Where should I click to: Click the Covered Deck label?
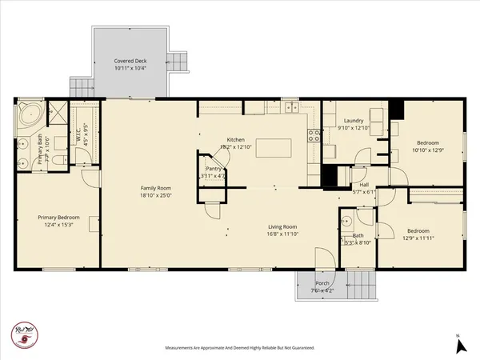coord(130,60)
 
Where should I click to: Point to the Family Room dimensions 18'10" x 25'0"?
coord(156,195)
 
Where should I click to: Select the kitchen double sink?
coord(290,107)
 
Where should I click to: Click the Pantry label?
coord(213,169)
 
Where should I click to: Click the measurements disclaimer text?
coord(239,348)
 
